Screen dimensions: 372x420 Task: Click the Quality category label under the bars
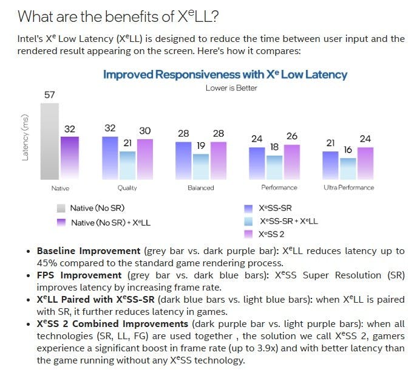pos(127,188)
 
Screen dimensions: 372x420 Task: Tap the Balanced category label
pos(201,188)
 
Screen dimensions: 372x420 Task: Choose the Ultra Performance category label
pos(348,188)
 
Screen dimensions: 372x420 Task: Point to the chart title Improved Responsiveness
pos(225,75)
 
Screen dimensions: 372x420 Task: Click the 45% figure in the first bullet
pos(49,263)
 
